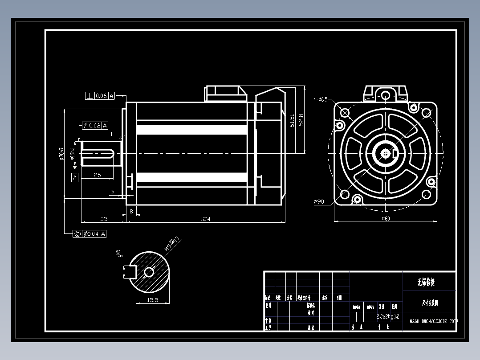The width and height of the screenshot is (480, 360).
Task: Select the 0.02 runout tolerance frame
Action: tap(95, 126)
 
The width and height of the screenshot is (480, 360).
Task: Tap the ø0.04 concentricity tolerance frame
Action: tap(90, 234)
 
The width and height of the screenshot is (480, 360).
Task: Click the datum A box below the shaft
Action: tap(75, 177)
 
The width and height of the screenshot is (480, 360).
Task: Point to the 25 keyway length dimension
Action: tap(97, 175)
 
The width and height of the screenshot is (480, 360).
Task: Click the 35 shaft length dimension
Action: tap(103, 219)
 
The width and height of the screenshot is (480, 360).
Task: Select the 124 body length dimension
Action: tap(205, 219)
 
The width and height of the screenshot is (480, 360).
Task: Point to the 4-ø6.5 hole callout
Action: tap(320, 99)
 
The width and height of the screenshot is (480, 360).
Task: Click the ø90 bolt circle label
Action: tap(319, 202)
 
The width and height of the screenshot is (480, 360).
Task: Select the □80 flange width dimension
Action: tap(386, 218)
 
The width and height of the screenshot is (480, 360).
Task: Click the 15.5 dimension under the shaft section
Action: tap(153, 300)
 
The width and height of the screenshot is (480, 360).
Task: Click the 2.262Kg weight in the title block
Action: tap(385, 316)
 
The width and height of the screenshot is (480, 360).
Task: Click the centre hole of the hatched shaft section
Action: tap(149, 271)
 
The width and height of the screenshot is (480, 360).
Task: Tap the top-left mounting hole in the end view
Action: tap(344, 112)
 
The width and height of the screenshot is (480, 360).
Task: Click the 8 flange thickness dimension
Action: tap(131, 211)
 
